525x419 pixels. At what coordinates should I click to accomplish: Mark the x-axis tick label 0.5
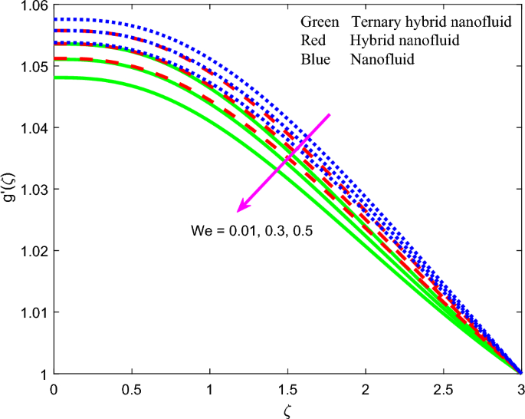pyautogui.click(x=131, y=389)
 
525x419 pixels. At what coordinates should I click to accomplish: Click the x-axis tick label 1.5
pyautogui.click(x=287, y=389)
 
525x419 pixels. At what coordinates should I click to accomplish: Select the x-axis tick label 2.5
pyautogui.click(x=443, y=389)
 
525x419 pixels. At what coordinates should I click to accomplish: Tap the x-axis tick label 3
pyautogui.click(x=521, y=389)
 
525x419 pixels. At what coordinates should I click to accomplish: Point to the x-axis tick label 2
pyautogui.click(x=366, y=389)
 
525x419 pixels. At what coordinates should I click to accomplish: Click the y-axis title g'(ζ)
pyautogui.click(x=8, y=190)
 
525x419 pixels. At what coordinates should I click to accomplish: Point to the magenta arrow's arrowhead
pyautogui.click(x=241, y=208)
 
